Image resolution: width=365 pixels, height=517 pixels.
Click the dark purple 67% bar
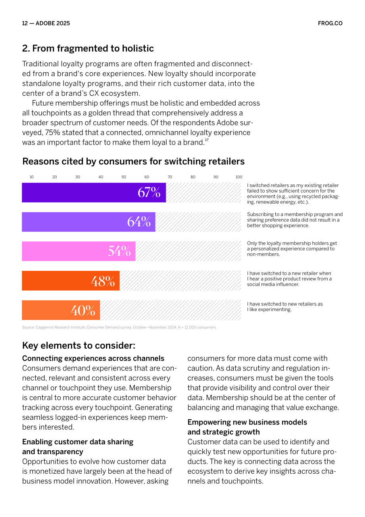coord(94,193)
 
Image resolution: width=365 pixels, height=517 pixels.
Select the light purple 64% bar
coord(88,222)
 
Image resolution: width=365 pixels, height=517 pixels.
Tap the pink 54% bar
coord(79,251)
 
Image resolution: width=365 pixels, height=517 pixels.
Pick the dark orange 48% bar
coord(71,280)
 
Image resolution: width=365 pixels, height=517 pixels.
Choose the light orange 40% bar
coord(61,310)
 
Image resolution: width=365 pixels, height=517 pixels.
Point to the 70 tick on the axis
coord(170,177)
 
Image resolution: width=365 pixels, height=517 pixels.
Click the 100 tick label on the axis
coord(239,177)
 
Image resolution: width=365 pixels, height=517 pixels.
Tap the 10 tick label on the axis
coord(32,177)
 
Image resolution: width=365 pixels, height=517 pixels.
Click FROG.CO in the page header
coord(330,23)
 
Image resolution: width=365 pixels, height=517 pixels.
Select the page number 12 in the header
coord(25,23)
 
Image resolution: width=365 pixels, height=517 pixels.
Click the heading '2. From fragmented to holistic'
coord(88,48)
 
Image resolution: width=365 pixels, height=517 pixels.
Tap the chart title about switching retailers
coord(133,161)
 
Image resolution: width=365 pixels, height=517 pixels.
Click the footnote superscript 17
coord(207,140)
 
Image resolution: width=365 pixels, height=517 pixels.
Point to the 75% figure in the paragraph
coord(52,133)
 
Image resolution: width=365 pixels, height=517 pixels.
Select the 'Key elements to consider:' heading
coord(79,345)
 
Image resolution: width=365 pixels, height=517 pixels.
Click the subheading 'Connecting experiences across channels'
coord(93,358)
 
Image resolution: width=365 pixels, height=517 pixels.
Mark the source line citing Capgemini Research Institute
coord(119,327)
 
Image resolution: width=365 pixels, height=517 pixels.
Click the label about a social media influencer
coord(289,279)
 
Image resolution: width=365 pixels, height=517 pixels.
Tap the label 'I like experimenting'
coord(269,309)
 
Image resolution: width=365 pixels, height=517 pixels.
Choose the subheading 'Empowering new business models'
coord(247,422)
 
